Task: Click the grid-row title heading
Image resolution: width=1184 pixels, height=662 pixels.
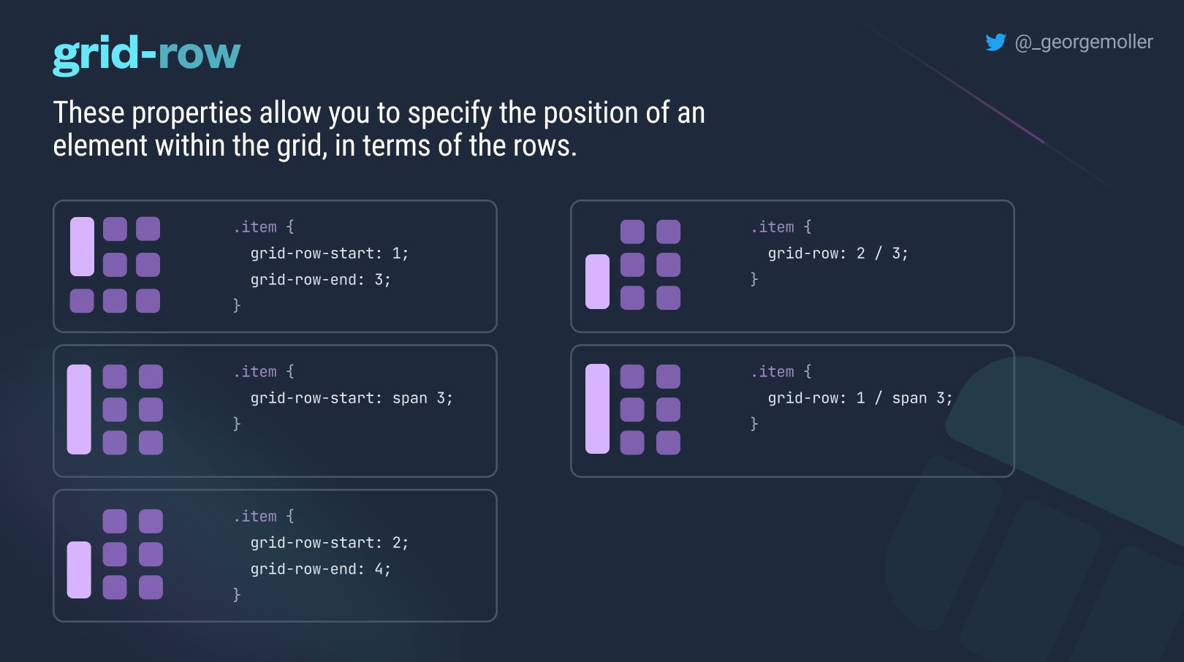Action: coord(146,54)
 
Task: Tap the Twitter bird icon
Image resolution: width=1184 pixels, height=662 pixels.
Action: coord(995,42)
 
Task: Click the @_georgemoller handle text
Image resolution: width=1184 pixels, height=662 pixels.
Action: coord(1083,42)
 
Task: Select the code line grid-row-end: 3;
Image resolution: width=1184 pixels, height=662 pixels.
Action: coord(320,280)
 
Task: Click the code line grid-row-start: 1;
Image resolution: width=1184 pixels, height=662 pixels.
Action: coord(329,254)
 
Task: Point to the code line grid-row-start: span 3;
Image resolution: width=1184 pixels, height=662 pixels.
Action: coord(351,398)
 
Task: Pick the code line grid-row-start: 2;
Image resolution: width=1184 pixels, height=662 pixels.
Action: coord(329,543)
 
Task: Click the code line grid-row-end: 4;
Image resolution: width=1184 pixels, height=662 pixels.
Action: coord(320,569)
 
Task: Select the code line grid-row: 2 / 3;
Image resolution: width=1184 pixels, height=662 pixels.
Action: coord(838,254)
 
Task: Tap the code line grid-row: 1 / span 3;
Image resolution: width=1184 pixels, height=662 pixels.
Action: coord(859,398)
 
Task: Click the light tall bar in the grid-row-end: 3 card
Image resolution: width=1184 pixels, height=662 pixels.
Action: coord(82,246)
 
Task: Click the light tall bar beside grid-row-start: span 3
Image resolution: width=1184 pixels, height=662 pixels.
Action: coord(79,409)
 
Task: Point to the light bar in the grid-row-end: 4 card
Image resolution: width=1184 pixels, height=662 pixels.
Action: coord(79,570)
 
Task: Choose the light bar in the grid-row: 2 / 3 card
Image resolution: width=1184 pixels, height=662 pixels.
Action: coord(597,281)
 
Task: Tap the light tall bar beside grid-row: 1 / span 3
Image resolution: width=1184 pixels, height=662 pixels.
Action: coord(597,409)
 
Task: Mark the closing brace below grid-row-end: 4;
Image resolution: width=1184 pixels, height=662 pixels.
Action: coord(237,595)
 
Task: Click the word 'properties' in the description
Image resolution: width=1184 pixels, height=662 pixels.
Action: coord(191,113)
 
